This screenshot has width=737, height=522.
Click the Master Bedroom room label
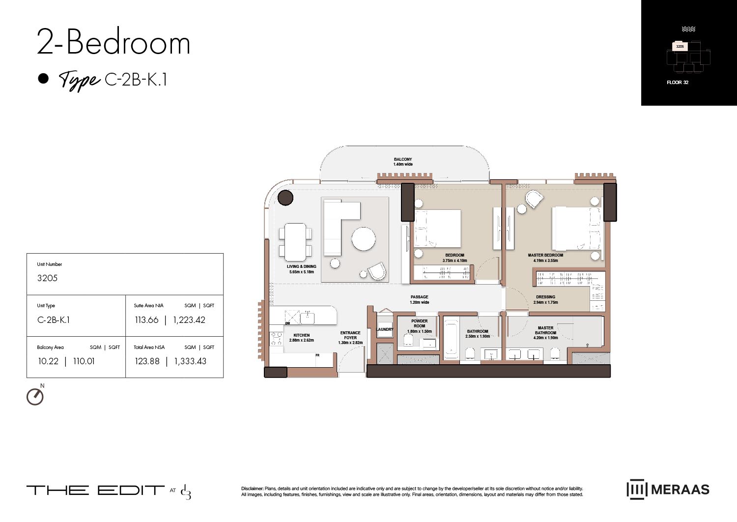(x=545, y=256)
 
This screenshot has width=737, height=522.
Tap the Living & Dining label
(x=302, y=267)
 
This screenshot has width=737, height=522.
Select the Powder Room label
(x=419, y=323)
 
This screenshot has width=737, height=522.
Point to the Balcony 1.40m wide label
(x=403, y=162)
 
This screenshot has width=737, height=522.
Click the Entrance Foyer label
(x=350, y=336)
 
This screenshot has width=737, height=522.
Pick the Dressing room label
(x=545, y=297)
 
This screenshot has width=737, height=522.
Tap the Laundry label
(x=385, y=329)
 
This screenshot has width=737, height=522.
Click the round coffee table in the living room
(x=364, y=239)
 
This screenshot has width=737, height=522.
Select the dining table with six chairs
(x=295, y=242)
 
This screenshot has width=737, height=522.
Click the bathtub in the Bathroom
(x=451, y=339)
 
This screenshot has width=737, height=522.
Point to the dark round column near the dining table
(x=285, y=198)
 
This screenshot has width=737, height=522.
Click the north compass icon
(x=35, y=397)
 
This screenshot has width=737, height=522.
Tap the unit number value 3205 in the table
(x=48, y=278)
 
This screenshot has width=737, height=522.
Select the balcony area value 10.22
(x=48, y=361)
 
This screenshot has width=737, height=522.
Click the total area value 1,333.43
(x=190, y=361)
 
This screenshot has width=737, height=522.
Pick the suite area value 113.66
(x=146, y=320)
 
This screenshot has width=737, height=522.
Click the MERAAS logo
(x=668, y=490)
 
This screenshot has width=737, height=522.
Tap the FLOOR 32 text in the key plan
(x=678, y=83)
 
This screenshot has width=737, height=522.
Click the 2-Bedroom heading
(x=113, y=43)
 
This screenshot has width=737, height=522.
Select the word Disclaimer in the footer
(x=252, y=489)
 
